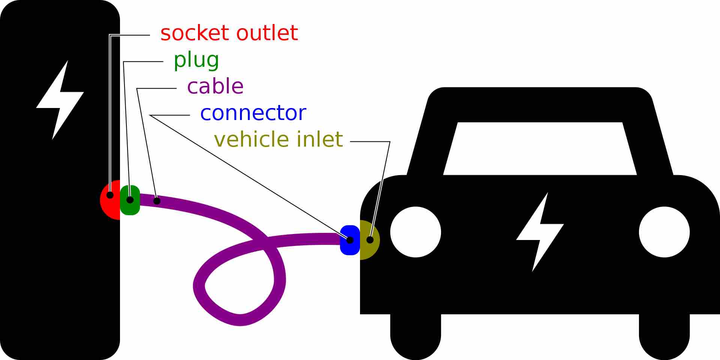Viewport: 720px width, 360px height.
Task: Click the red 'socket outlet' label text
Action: [229, 33]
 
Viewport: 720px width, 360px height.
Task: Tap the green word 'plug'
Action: [196, 60]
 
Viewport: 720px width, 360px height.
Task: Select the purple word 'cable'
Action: [215, 86]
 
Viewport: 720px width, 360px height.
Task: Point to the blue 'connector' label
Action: [253, 113]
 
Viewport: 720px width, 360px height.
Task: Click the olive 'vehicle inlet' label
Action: [278, 139]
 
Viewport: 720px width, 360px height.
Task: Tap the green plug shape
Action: [130, 208]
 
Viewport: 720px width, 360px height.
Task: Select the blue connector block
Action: [349, 247]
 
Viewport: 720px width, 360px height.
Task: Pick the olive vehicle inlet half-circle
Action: [369, 249]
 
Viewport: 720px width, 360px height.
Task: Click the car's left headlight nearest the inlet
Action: [415, 232]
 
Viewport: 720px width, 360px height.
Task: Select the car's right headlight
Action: [664, 232]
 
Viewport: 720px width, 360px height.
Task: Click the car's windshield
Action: [540, 148]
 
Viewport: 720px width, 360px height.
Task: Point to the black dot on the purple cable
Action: [157, 201]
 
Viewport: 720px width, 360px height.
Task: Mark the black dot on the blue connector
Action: [349, 240]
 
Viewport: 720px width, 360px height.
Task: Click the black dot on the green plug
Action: [130, 200]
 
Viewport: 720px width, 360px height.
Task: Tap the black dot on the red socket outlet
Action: [110, 195]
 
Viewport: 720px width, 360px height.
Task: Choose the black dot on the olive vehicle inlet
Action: [370, 240]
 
